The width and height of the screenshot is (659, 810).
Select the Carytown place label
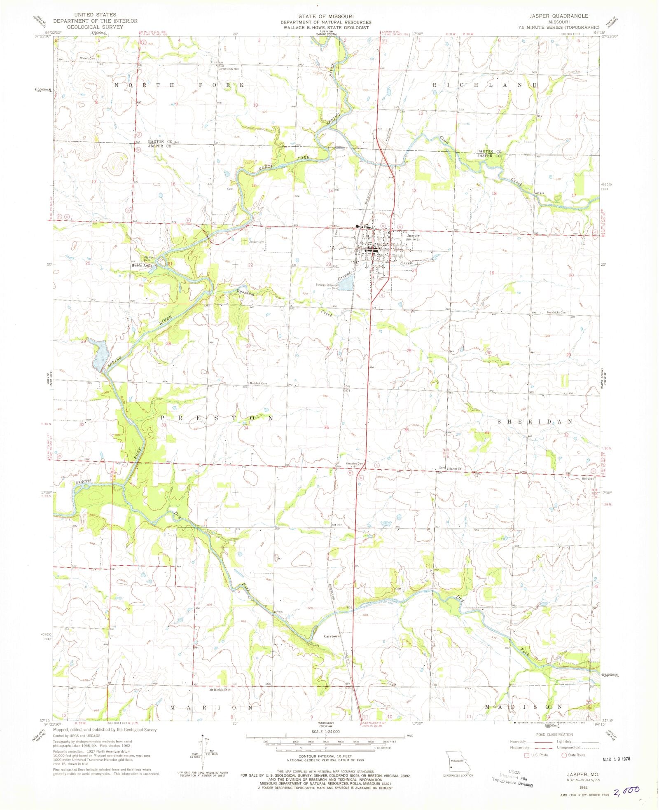click(x=332, y=636)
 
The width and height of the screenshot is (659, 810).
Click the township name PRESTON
click(x=216, y=418)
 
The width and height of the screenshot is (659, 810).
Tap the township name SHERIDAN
click(x=535, y=422)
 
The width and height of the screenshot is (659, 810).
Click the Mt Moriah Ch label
click(x=219, y=690)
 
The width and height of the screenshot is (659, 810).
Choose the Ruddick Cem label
click(x=258, y=383)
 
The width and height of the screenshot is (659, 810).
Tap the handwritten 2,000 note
click(x=626, y=790)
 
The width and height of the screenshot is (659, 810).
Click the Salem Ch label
click(x=455, y=468)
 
